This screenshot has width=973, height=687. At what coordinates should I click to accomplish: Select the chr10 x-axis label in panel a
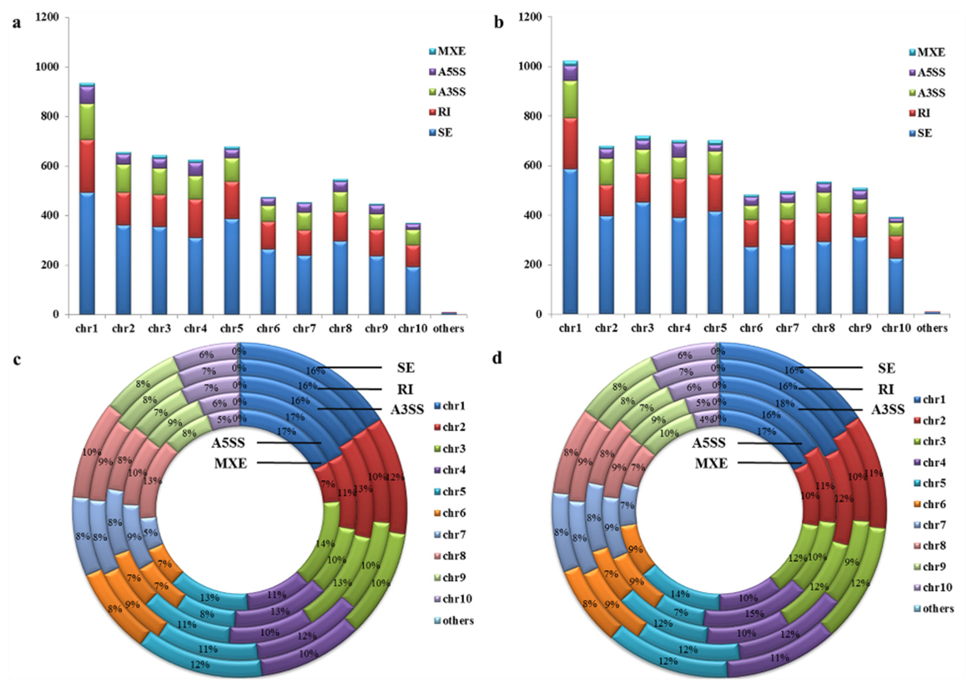coord(412,329)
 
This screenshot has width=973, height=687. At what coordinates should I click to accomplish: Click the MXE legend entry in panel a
coord(451,52)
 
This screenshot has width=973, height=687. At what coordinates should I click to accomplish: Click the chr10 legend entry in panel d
coord(937,587)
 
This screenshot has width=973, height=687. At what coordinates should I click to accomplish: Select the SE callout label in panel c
coord(405,368)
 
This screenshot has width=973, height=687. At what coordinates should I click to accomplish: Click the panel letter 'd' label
coord(497,358)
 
